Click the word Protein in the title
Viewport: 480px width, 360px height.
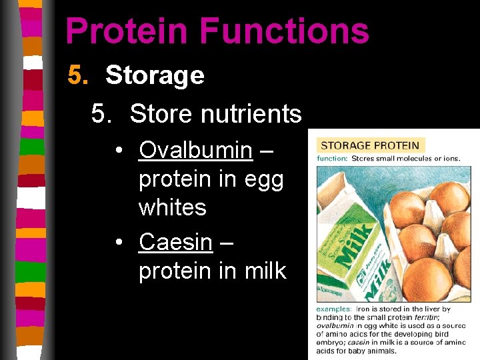(125, 31)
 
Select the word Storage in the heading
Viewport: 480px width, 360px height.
(155, 75)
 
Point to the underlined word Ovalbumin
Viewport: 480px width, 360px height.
(195, 150)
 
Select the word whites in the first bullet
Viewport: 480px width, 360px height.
(172, 207)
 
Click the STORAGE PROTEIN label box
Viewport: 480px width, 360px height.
(370, 145)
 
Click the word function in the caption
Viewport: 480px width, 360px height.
(332, 159)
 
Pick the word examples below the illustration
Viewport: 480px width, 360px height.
(333, 309)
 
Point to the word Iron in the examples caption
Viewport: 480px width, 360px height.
(364, 309)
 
